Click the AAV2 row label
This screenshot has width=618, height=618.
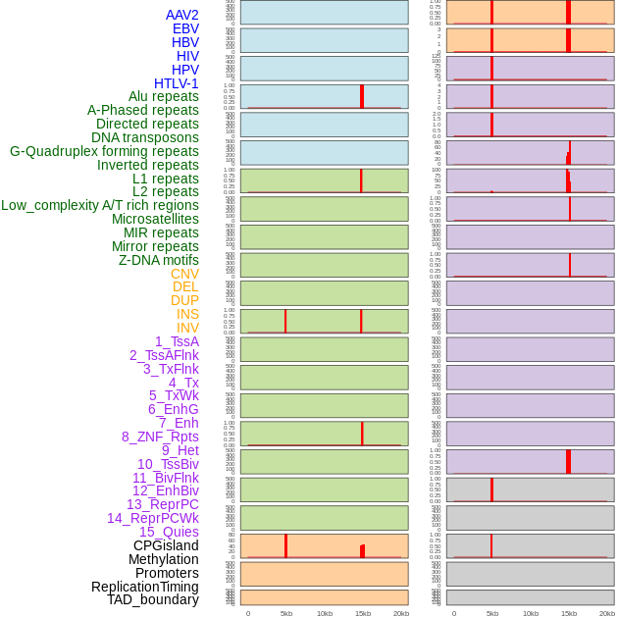(x=181, y=15)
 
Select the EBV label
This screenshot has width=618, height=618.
(x=184, y=28)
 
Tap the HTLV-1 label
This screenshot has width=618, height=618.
(x=176, y=83)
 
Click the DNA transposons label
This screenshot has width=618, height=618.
(x=144, y=137)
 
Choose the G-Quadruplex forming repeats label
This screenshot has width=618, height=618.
(x=104, y=151)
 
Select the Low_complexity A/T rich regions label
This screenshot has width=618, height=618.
(x=100, y=205)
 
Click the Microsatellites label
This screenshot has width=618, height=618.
(x=155, y=219)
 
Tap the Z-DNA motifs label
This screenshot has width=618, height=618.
(x=158, y=260)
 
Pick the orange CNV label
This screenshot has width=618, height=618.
(x=184, y=274)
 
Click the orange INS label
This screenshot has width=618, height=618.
(x=187, y=314)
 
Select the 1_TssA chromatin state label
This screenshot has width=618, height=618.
(x=177, y=341)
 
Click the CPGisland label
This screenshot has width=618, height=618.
(x=166, y=545)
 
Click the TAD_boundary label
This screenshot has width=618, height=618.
(x=152, y=599)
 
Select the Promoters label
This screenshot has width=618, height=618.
(x=167, y=573)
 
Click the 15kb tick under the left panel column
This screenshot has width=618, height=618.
(x=362, y=613)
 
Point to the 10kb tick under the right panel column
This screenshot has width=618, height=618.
(x=530, y=613)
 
